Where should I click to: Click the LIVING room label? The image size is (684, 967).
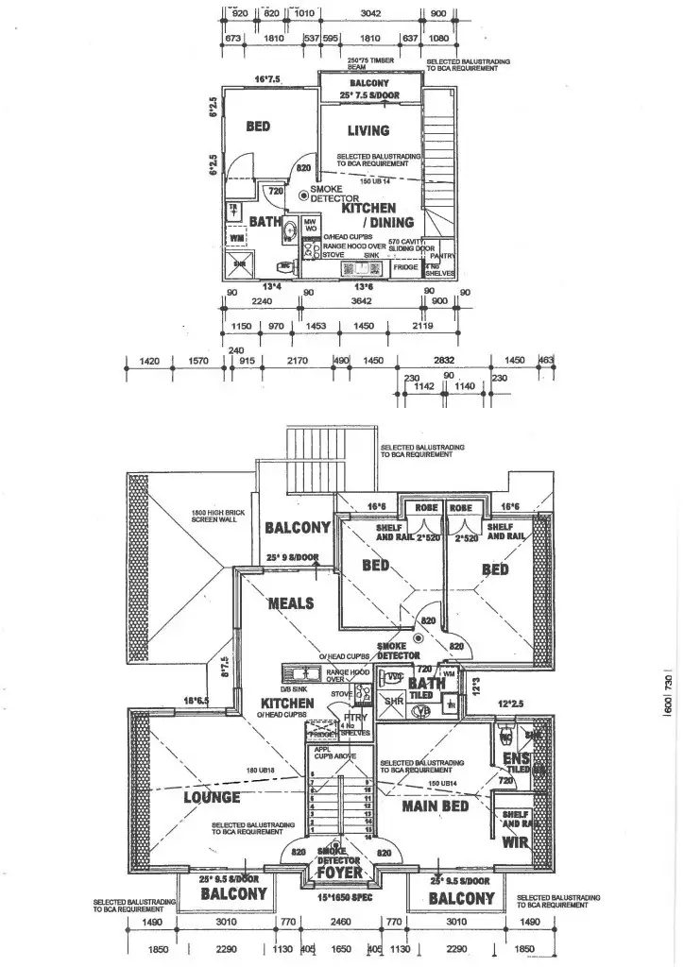pyautogui.click(x=368, y=130)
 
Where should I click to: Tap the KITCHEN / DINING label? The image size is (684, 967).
pyautogui.click(x=378, y=214)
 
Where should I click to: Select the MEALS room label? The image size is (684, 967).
pyautogui.click(x=291, y=603)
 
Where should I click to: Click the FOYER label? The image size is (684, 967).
pyautogui.click(x=340, y=873)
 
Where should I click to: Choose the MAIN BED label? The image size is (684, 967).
pyautogui.click(x=436, y=807)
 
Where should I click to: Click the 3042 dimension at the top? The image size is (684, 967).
pyautogui.click(x=374, y=13)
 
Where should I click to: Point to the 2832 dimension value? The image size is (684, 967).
pyautogui.click(x=444, y=360)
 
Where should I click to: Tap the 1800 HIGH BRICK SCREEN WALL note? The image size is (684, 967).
pyautogui.click(x=209, y=518)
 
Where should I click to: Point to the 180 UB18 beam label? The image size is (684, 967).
pyautogui.click(x=260, y=772)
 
